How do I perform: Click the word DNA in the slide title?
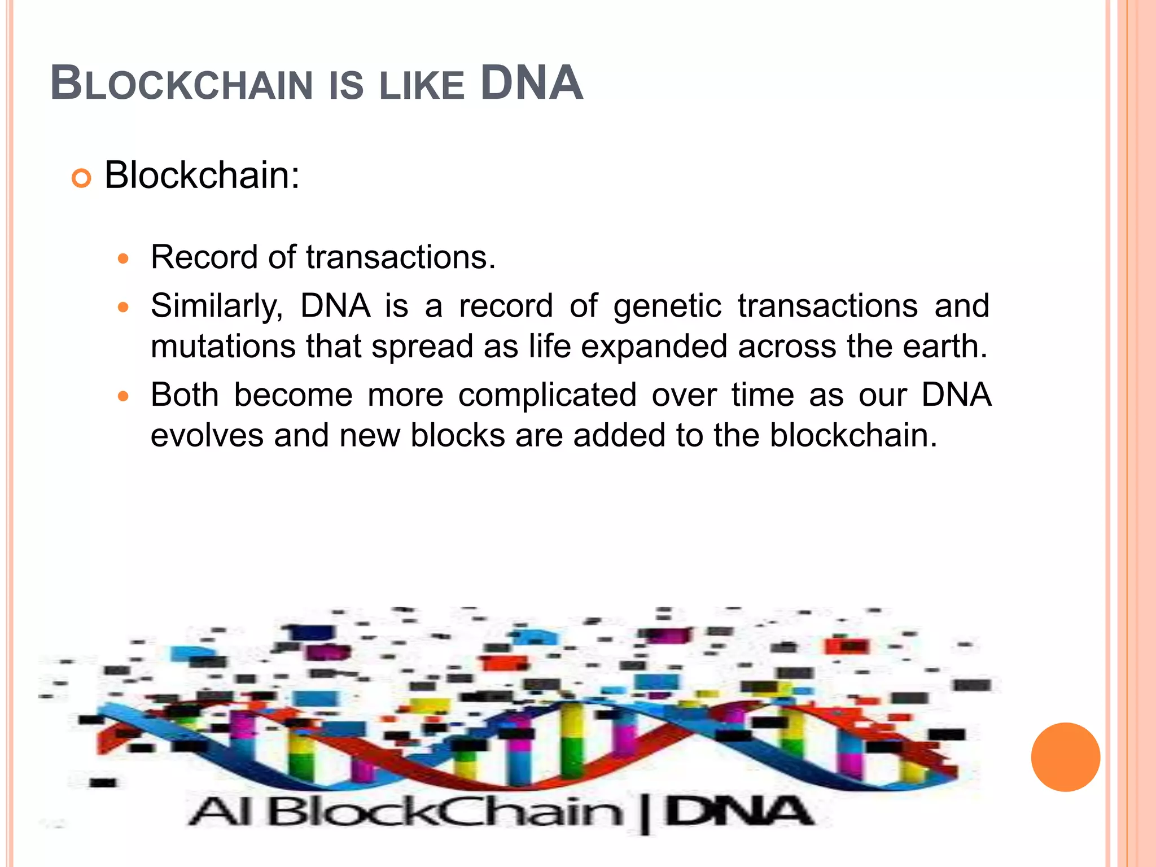click(x=531, y=84)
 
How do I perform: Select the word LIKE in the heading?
click(x=422, y=86)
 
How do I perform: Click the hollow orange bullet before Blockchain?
click(x=81, y=179)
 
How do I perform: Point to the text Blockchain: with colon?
click(x=202, y=176)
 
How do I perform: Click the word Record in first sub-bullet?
click(x=204, y=257)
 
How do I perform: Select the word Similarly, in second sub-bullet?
click(x=217, y=306)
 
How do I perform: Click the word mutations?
click(x=223, y=346)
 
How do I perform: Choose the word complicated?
click(x=548, y=395)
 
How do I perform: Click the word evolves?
click(x=207, y=435)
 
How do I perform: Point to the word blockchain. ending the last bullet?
click(x=853, y=435)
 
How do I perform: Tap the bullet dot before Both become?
click(x=123, y=396)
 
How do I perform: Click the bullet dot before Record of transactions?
click(x=123, y=259)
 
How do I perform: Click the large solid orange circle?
click(x=1065, y=757)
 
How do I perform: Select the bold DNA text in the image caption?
click(x=738, y=812)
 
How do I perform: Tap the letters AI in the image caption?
click(x=221, y=812)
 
